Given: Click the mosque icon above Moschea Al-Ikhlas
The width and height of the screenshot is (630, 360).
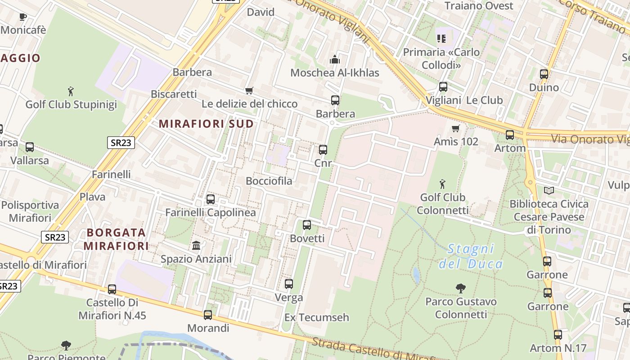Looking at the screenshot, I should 334,59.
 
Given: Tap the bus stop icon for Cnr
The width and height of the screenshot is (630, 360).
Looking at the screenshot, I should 323,150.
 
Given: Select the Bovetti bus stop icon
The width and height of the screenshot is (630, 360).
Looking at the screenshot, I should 307,225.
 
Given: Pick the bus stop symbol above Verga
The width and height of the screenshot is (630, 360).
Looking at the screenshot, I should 289,284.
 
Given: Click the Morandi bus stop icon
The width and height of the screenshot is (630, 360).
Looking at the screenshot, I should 208,315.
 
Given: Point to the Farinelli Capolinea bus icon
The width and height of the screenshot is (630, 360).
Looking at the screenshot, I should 211,199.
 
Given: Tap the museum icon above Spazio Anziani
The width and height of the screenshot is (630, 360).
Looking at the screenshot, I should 196,246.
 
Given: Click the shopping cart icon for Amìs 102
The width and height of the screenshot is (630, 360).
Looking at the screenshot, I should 456,129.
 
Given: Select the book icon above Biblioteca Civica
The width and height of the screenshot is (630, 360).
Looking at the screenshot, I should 549,191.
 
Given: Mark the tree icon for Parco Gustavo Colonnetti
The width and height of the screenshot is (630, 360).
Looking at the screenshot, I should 460,288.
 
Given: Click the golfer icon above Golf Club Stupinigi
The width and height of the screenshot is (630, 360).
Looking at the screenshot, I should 71,92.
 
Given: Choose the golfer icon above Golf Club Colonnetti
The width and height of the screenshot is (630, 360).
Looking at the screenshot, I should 443,184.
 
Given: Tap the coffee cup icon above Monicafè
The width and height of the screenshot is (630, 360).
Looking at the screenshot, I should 23,17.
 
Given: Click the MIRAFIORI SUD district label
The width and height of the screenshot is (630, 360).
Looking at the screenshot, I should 207,124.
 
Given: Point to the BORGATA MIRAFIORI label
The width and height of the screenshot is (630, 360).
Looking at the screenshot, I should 117,239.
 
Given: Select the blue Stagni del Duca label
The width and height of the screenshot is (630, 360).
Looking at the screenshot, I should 471,256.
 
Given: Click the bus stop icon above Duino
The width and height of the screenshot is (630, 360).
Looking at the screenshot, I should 544,74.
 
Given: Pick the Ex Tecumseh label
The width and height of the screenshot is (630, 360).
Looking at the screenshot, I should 317,318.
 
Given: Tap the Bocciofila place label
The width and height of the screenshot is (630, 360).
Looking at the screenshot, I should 269,181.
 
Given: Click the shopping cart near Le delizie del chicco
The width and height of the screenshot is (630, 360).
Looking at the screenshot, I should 249,90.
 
